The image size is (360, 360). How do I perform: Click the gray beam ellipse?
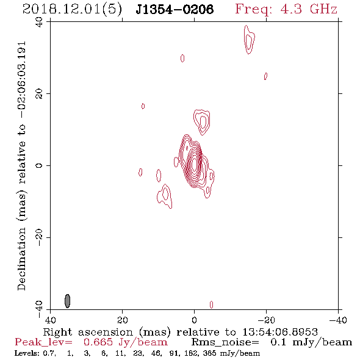67,301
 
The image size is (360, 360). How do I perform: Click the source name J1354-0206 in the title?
175,10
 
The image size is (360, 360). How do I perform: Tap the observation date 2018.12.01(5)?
73,10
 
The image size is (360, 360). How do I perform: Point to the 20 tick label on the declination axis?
39,94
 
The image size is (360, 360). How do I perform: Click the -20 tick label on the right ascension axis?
266,320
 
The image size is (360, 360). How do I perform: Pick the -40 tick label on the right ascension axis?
338,320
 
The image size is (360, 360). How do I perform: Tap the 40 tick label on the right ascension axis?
50,320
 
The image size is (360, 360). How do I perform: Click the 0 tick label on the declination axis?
39,165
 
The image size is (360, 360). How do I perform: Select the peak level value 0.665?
98,342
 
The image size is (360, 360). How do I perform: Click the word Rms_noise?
225,342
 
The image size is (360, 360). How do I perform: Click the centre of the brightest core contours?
194,164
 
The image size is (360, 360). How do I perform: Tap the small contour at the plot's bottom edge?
212,304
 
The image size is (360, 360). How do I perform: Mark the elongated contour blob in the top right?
249,40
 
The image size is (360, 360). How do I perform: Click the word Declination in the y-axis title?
21,259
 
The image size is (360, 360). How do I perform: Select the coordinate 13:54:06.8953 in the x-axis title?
280,332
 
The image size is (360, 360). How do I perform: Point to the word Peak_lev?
43,342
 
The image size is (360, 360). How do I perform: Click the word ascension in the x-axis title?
106,333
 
